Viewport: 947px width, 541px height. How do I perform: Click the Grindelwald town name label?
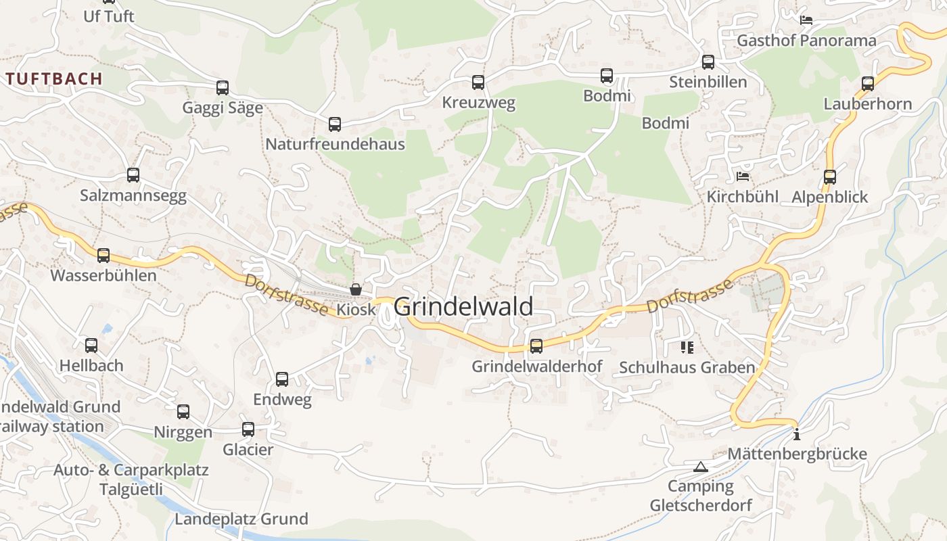463,306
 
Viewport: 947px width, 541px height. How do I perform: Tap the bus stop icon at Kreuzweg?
478,83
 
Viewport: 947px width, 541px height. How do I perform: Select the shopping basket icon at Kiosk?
356,289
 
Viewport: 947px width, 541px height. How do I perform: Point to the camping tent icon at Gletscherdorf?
700,467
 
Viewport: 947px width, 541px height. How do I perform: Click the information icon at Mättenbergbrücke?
797,434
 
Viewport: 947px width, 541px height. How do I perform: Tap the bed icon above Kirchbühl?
743,177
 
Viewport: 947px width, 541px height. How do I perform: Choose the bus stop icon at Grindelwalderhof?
536,346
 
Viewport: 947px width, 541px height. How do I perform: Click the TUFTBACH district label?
54,78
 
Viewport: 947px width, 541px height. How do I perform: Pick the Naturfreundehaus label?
335,144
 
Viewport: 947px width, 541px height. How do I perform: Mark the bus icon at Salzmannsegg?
133,175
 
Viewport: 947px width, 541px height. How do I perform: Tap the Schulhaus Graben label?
687,368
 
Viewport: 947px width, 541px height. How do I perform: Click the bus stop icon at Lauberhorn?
868,84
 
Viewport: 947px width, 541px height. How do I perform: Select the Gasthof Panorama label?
806,41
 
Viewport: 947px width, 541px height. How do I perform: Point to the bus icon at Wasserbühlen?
103,256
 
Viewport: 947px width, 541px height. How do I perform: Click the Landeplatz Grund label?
241,519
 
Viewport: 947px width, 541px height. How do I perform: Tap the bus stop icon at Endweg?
282,379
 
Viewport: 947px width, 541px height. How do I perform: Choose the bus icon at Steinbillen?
708,62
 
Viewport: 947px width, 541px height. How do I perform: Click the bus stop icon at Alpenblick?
830,177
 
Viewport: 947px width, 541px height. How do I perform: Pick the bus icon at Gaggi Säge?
223,87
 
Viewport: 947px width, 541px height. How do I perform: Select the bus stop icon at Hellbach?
91,346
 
